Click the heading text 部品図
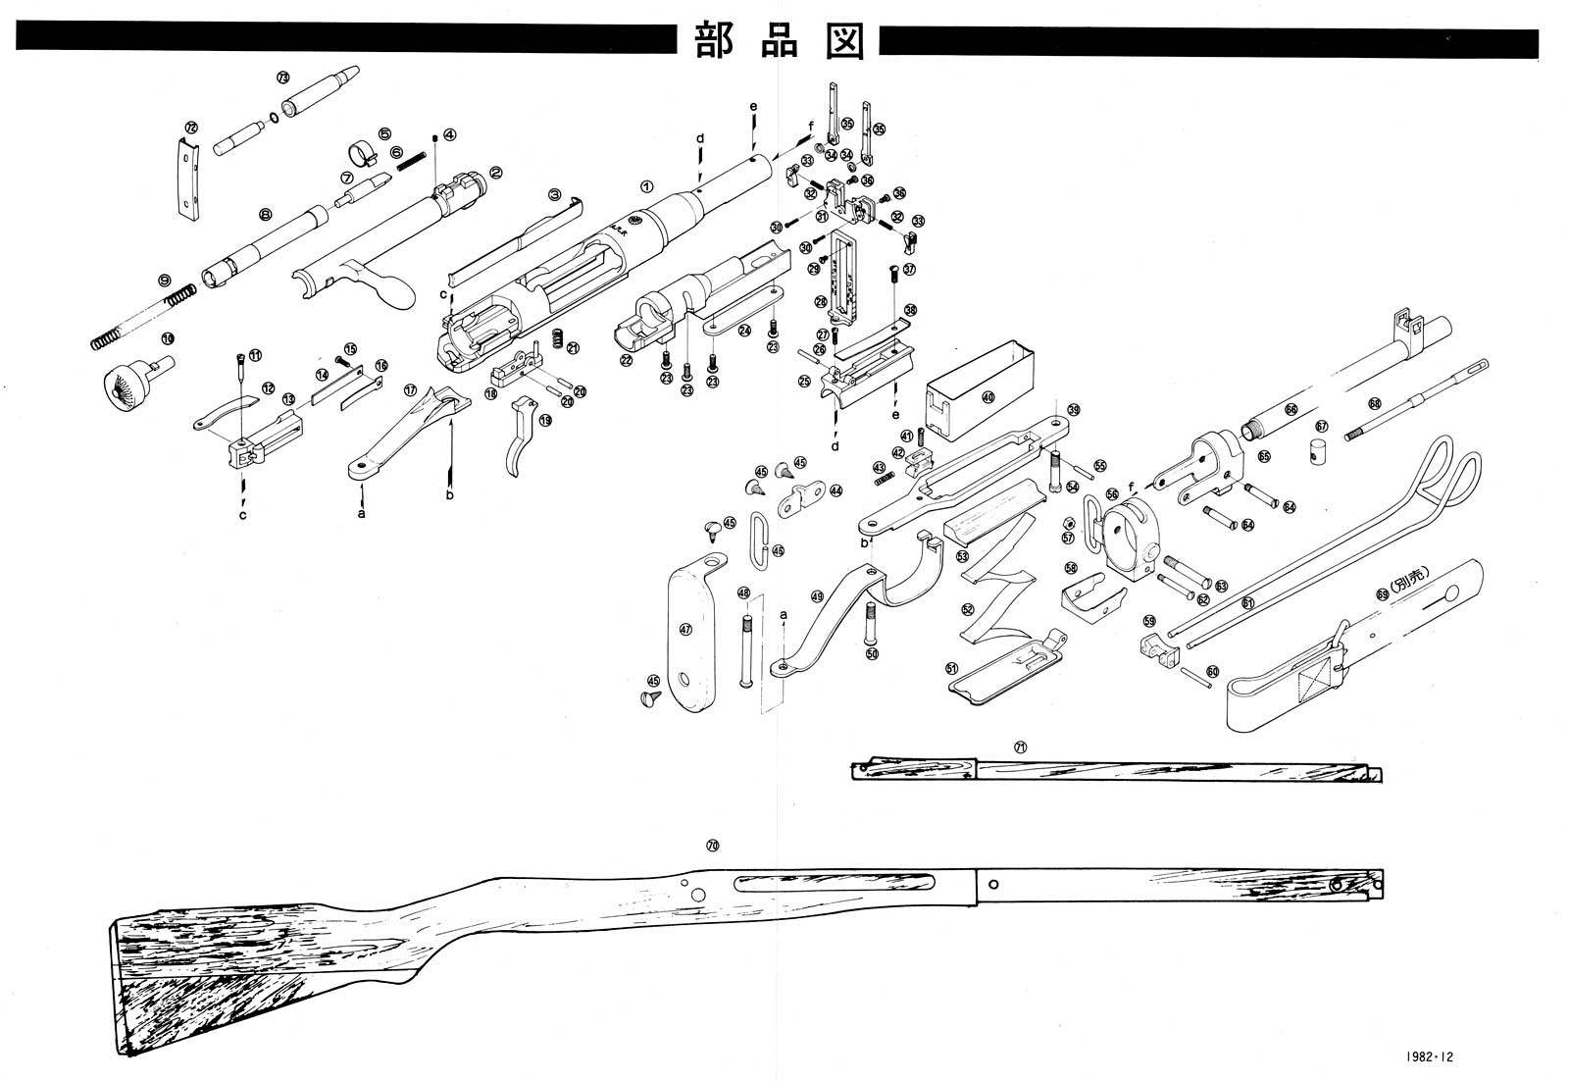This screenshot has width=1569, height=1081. (x=780, y=40)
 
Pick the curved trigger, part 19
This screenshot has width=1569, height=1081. (x=521, y=438)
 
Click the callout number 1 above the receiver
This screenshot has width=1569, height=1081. (x=645, y=185)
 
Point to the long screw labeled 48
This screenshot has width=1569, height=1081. (x=746, y=647)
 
